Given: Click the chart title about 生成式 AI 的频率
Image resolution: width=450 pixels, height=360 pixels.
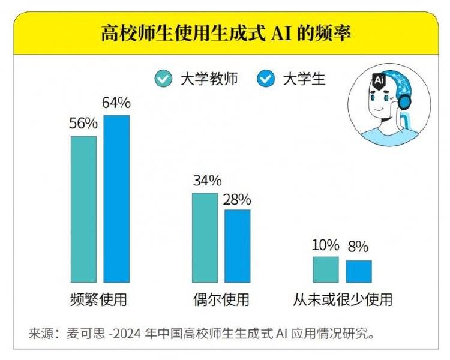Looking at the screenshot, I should [225, 33].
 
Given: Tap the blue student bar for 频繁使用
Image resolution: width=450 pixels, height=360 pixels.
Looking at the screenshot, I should [116, 198].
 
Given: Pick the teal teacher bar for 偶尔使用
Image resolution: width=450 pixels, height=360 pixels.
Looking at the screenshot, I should [205, 237].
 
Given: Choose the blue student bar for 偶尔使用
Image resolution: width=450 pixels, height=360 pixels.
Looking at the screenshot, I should [238, 245].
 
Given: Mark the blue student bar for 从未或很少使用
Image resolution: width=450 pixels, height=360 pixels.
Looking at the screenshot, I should [359, 271].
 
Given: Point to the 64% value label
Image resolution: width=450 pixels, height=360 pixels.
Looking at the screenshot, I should [116, 103].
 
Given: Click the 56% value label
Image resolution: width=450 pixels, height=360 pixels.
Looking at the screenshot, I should [83, 124].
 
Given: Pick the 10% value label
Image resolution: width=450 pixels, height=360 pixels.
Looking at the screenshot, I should [326, 245].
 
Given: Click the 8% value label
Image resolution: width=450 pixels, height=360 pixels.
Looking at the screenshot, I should [358, 247].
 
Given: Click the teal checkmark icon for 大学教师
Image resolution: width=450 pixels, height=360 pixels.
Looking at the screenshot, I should [163, 79].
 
